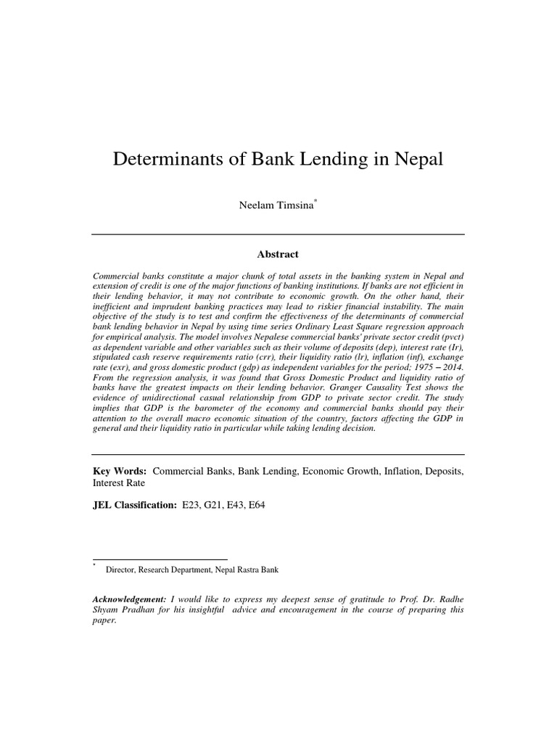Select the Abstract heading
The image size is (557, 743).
click(x=278, y=254)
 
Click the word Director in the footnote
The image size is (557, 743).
click(x=123, y=570)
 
